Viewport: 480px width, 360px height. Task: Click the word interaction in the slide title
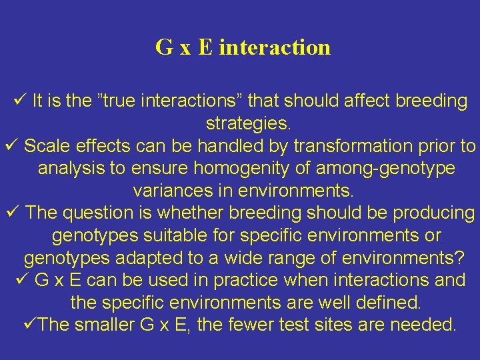click(274, 47)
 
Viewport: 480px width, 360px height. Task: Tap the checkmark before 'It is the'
click(19, 101)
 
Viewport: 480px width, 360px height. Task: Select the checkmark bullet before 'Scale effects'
click(10, 145)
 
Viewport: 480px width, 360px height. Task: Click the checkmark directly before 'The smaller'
click(29, 324)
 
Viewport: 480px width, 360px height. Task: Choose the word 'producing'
click(433, 213)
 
